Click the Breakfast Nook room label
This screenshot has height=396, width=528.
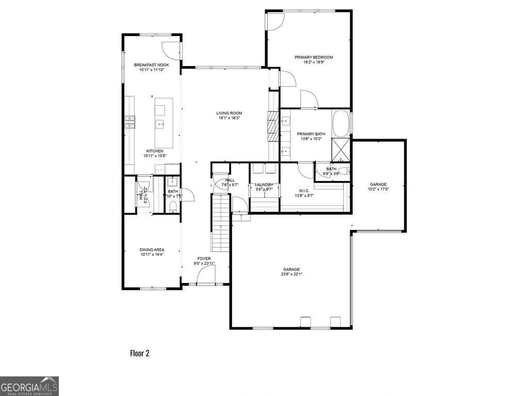coord(152,65)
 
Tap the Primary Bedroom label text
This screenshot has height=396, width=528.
coord(313,57)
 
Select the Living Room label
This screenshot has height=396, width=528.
coord(229,113)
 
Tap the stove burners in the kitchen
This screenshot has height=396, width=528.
coord(129,122)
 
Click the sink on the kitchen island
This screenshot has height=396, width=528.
coord(160,124)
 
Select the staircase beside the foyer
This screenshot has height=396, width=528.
coord(221,224)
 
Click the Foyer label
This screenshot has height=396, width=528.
coord(204,258)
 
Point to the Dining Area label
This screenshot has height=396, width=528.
coord(152,250)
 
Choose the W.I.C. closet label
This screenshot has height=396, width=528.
coord(304,190)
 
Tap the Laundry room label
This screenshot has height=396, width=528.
coord(264,185)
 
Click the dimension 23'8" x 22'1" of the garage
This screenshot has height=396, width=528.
coord(291,274)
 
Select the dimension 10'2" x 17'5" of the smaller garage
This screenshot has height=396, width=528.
coord(378,189)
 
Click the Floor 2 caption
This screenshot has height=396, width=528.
coord(139,353)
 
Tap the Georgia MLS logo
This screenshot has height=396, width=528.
coord(29,386)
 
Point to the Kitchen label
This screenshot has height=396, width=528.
coord(154,151)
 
